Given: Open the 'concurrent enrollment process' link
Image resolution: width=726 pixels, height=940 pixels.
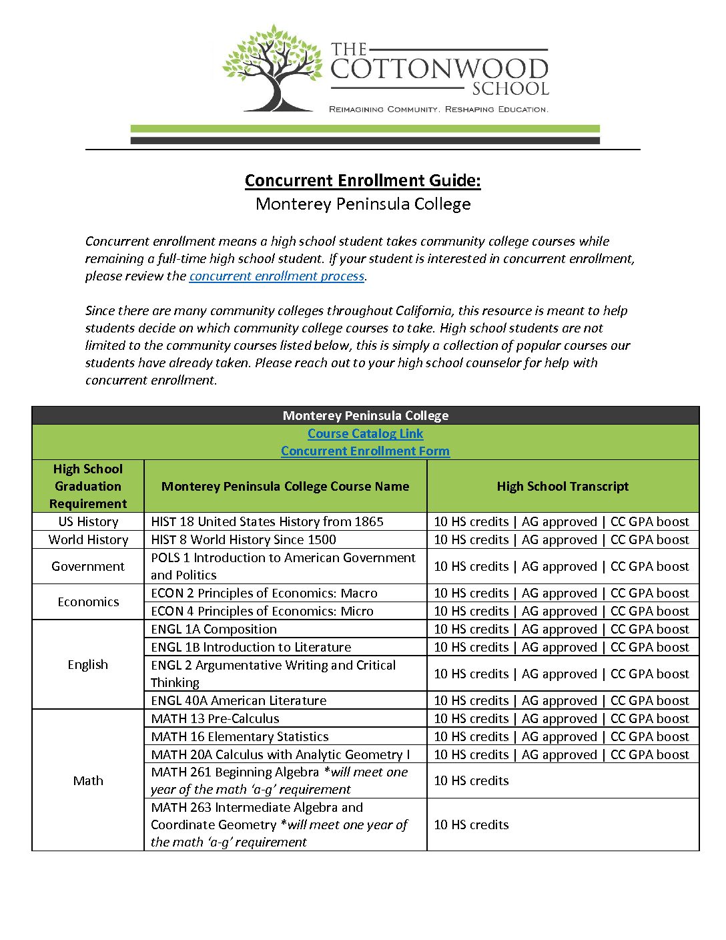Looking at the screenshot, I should click(276, 276).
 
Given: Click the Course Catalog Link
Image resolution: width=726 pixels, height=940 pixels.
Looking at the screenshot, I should click(365, 434).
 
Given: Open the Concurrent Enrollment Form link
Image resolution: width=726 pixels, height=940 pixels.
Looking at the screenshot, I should click(365, 451).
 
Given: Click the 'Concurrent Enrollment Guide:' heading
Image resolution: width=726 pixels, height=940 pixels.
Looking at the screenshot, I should click(362, 181).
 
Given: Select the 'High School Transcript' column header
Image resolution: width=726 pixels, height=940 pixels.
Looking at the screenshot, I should click(563, 487).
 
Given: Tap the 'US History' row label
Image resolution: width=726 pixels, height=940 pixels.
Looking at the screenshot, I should click(88, 522).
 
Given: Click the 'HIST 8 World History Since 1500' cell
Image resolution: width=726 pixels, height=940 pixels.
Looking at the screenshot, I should click(244, 540).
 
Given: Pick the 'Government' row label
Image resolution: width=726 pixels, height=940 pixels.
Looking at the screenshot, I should click(88, 567).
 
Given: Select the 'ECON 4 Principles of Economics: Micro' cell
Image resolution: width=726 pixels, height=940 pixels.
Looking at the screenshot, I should click(262, 612).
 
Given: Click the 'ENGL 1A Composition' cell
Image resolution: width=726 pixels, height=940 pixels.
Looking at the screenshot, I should click(214, 630).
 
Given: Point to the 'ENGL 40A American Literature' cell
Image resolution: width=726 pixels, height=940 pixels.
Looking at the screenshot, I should click(239, 701).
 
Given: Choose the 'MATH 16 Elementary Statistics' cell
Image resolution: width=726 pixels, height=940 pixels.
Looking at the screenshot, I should click(240, 737).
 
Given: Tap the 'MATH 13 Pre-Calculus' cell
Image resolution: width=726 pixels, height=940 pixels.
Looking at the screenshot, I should click(215, 719).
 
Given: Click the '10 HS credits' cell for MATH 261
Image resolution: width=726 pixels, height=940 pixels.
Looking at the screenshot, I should click(471, 781).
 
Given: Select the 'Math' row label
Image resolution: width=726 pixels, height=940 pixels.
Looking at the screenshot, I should click(88, 781).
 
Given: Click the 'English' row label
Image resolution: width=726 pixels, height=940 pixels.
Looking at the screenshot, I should click(88, 665).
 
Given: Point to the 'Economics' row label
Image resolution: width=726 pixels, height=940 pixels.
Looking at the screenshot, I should click(88, 602).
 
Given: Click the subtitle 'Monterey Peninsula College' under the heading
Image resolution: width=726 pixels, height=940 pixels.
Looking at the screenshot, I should click(363, 204).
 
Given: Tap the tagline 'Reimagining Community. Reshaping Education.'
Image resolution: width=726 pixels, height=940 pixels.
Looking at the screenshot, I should click(438, 109).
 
